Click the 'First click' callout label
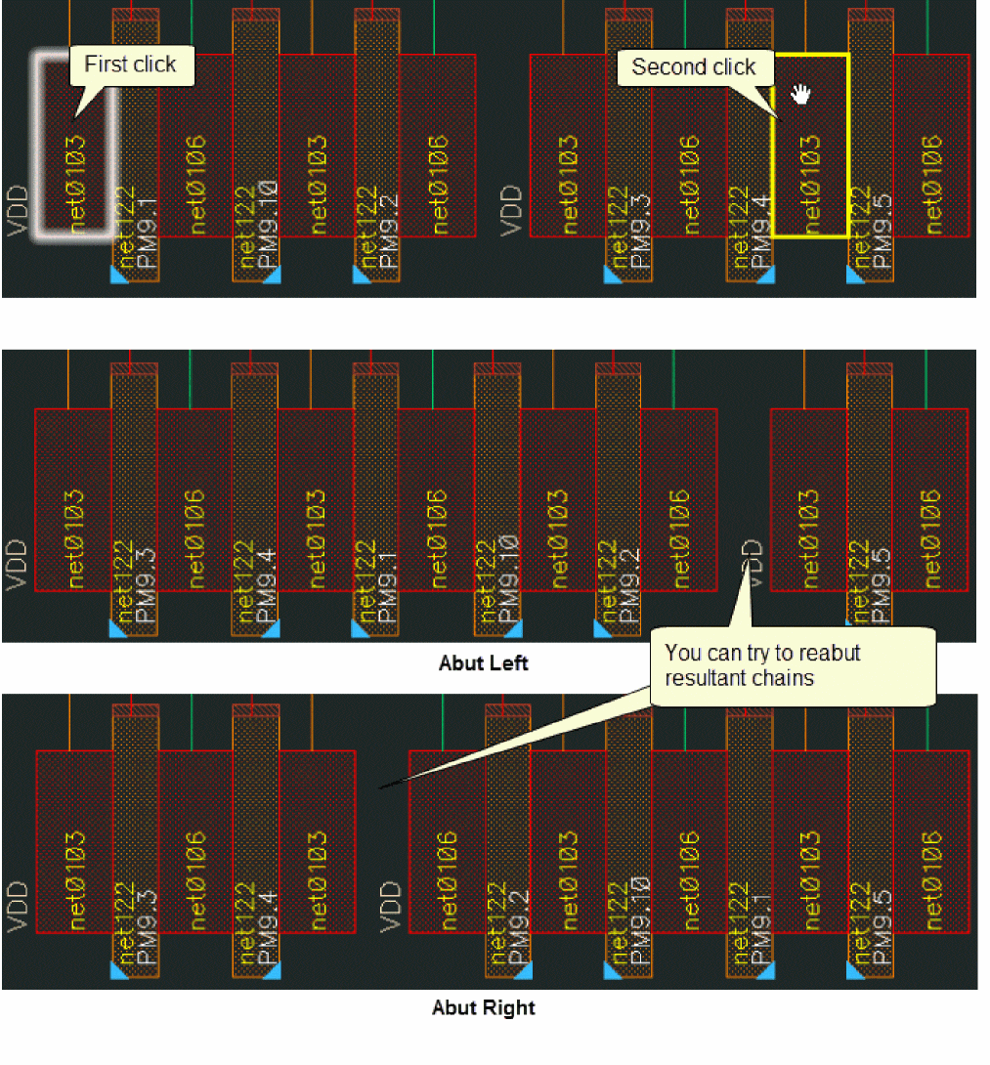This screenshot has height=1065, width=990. tap(130, 64)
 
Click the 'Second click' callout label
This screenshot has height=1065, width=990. tap(693, 67)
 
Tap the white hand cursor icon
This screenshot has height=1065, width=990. tap(801, 94)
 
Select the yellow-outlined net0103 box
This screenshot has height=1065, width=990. tap(810, 147)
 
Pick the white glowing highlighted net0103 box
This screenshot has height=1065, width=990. tap(75, 147)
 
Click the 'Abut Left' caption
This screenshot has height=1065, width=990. tap(484, 663)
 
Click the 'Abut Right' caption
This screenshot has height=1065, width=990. tap(484, 1007)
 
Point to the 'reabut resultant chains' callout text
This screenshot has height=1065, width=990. tap(762, 664)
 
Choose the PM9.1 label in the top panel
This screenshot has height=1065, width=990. tap(148, 231)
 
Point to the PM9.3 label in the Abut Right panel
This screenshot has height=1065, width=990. tap(148, 927)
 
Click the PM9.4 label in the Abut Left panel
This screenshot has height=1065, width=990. tap(269, 583)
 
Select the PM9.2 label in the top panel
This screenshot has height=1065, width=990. tap(390, 231)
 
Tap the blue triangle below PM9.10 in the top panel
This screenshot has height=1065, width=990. tap(240, 277)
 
